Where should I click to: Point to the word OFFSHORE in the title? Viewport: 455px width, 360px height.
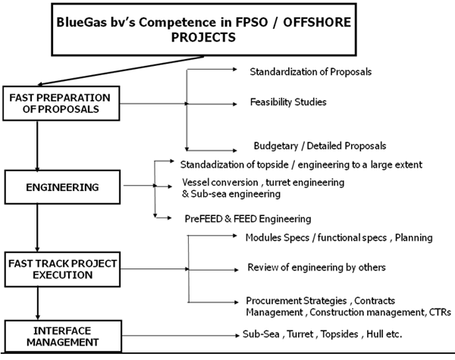point(317,22)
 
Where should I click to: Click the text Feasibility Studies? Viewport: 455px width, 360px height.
point(288,102)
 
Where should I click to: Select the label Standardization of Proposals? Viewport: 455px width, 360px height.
point(310,72)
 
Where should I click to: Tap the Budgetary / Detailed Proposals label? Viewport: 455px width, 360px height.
point(320,146)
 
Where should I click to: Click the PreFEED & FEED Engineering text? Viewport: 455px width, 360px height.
point(248,219)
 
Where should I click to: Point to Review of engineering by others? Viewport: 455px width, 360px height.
point(316,268)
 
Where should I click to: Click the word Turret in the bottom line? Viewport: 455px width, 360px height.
point(300,334)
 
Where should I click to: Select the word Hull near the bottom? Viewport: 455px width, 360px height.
point(375,334)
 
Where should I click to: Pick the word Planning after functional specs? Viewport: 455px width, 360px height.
point(414,238)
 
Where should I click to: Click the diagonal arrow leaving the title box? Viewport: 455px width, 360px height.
point(121,70)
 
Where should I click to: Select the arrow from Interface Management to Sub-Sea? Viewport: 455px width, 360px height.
point(180,336)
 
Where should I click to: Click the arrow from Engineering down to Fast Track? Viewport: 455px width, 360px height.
point(37,227)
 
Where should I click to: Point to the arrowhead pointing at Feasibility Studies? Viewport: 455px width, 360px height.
point(235,104)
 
